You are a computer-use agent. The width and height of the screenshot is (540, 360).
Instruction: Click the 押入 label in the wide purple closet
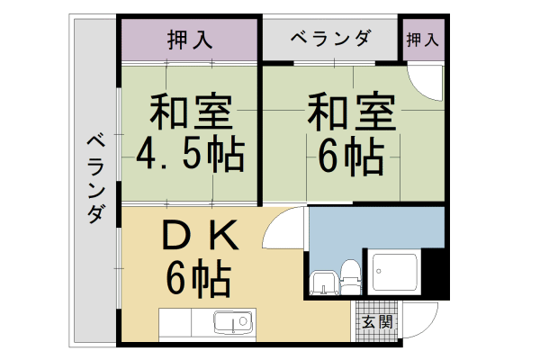pyautogui.click(x=189, y=40)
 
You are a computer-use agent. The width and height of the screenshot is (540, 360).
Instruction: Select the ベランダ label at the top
pyautogui.click(x=330, y=39)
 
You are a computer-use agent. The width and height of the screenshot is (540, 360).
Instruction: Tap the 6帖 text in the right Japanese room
pyautogui.click(x=351, y=158)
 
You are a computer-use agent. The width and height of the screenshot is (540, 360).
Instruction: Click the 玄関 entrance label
pyautogui.click(x=377, y=322)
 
